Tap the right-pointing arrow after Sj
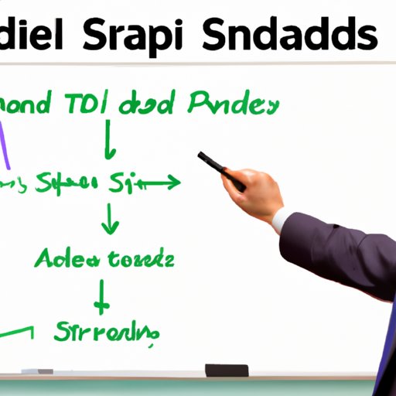tap(159, 183)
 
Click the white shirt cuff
tap(283, 220)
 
